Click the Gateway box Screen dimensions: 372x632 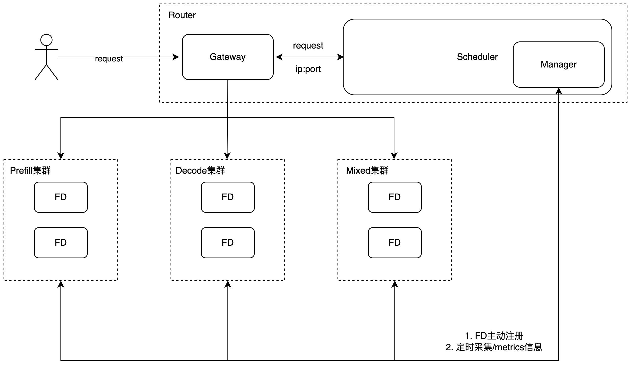click(x=227, y=57)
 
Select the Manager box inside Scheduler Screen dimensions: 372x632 click(x=558, y=64)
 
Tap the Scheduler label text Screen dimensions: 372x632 click(x=477, y=57)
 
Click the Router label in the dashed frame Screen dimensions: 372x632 click(x=182, y=15)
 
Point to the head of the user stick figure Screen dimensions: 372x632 click(x=46, y=40)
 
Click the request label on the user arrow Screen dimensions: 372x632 click(x=109, y=59)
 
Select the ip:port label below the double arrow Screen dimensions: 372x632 click(x=308, y=69)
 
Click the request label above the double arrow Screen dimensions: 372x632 click(x=308, y=45)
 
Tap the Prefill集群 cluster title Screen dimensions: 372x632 click(x=30, y=171)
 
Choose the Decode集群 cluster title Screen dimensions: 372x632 click(x=200, y=171)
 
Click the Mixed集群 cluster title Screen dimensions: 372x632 click(x=367, y=171)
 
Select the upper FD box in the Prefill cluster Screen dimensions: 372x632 click(x=61, y=197)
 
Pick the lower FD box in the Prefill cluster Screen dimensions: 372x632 click(x=61, y=243)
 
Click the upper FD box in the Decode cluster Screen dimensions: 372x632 click(x=228, y=197)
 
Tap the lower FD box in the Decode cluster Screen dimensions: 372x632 click(x=228, y=243)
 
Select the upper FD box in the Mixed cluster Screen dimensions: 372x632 click(x=395, y=197)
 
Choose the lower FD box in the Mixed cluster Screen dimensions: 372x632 click(x=395, y=243)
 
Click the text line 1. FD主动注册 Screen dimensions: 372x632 click(x=494, y=336)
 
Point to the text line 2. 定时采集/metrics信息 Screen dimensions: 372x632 click(x=494, y=347)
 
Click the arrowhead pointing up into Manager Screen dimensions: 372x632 click(x=558, y=91)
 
